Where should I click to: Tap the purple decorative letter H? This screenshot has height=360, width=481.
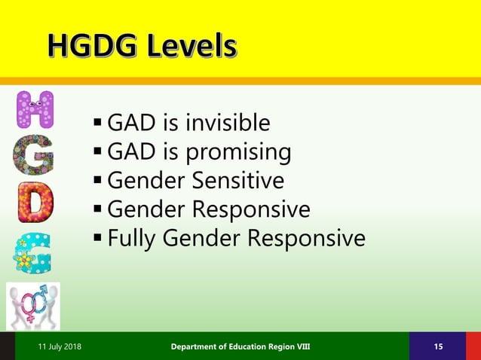coord(35,110)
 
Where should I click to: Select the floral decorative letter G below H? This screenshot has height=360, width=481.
coord(34,155)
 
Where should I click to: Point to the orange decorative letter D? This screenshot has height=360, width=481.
coord(35,202)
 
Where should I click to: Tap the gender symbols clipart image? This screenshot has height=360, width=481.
coord(34,306)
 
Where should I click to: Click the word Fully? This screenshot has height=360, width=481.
coord(134,238)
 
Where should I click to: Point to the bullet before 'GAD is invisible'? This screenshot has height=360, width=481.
coord(98,122)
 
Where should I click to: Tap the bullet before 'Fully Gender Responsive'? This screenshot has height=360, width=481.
coord(98,238)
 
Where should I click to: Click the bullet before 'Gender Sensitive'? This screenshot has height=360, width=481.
coord(98,180)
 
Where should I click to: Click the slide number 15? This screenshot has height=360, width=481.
coord(438,346)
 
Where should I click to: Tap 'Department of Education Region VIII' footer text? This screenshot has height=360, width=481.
coord(240,346)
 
